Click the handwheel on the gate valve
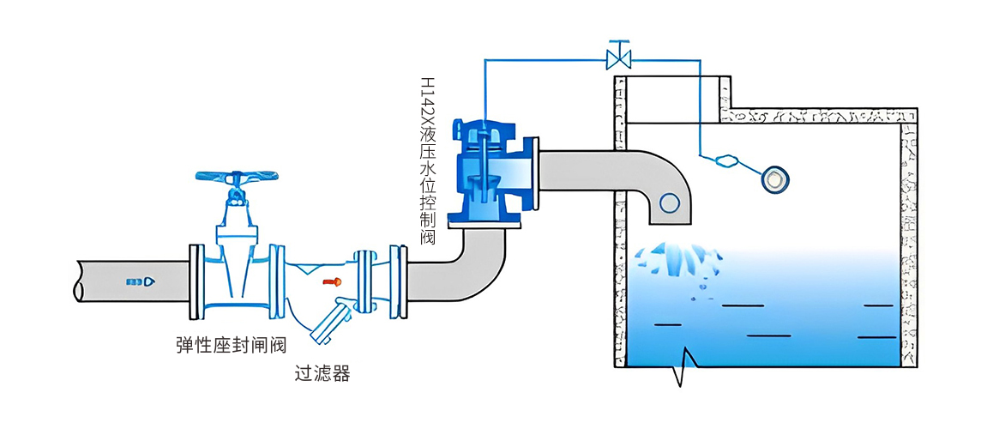[x=237, y=178]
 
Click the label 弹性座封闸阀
[x=230, y=345]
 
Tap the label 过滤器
[x=322, y=374]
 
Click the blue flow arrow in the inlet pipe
[x=141, y=281]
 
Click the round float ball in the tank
[x=776, y=179]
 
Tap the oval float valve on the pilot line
[x=725, y=160]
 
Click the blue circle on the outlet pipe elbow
[x=669, y=202]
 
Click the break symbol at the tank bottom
[x=683, y=367]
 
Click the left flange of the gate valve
[x=196, y=281]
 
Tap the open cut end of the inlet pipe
[x=79, y=281]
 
